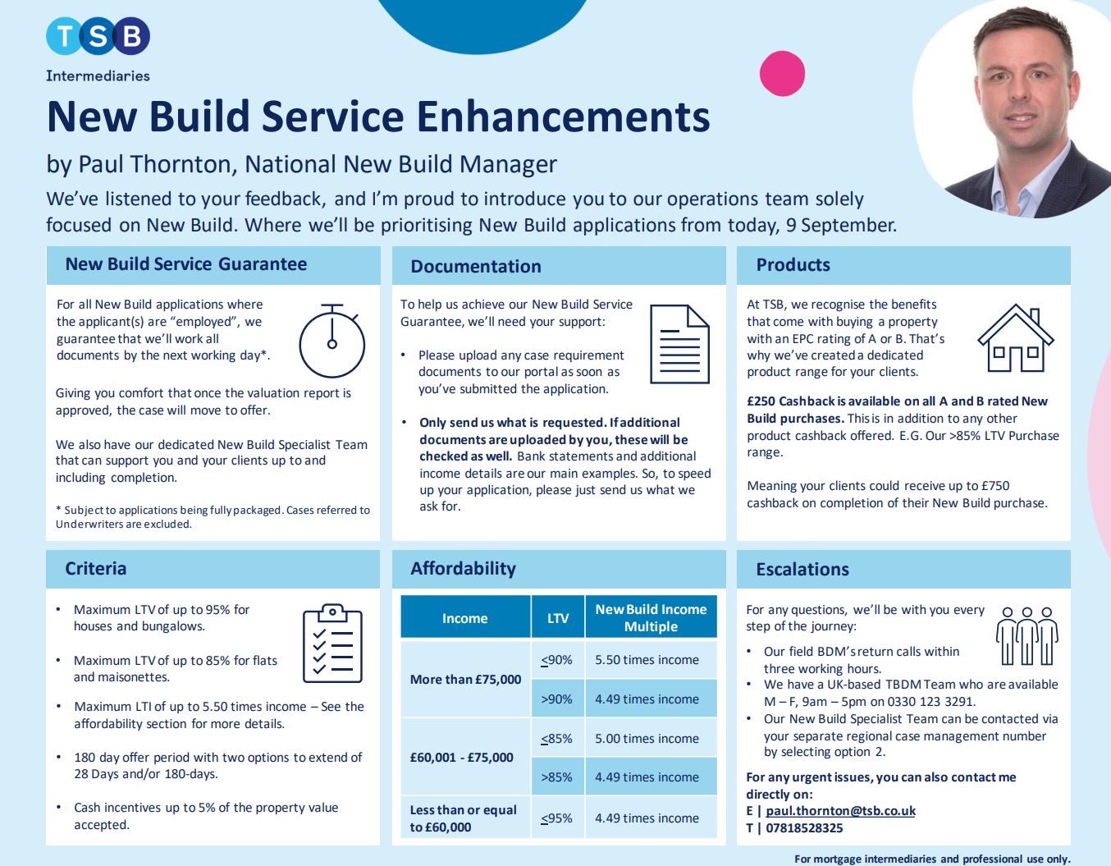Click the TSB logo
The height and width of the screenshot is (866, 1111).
point(98,36)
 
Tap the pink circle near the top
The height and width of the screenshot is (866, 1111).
point(782,74)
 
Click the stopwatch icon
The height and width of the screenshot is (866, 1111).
point(331,341)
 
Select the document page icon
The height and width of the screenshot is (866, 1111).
point(679,344)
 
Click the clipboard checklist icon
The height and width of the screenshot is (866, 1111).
point(332,643)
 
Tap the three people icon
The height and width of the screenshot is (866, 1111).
point(1026,636)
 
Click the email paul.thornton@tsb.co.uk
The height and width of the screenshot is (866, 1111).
point(840,811)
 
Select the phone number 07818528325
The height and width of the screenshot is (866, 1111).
point(804,828)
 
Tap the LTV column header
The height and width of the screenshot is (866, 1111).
point(558,618)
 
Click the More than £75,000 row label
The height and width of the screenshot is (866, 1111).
point(465,680)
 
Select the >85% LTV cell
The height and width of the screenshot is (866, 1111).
point(557,777)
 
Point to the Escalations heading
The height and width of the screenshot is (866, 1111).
point(802,569)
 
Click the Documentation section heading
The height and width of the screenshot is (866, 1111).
point(475,266)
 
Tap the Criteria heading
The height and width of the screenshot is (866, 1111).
point(96,569)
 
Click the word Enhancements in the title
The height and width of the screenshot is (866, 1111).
point(564,117)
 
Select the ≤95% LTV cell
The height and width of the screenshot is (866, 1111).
point(557,818)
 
